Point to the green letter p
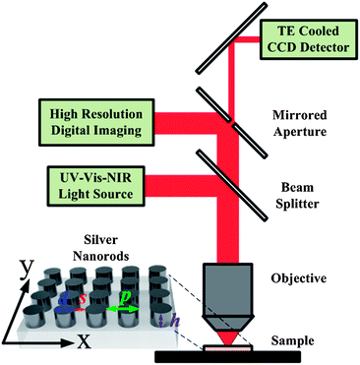(x=125, y=294)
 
